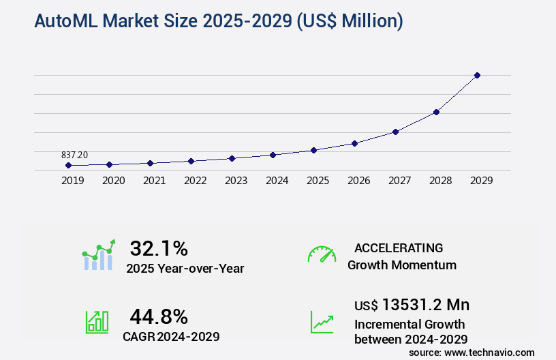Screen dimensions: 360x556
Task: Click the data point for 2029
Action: coord(477,75)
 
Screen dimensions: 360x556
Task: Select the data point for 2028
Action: coord(436,112)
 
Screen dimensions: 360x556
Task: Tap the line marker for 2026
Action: coord(354,143)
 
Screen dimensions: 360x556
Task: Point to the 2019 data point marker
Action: coord(68,166)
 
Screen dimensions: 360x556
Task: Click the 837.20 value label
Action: coord(74,155)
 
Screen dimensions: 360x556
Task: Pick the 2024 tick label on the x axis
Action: coord(277,181)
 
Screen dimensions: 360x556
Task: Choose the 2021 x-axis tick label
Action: coord(154,181)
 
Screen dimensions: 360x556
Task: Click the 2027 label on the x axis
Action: coord(399,181)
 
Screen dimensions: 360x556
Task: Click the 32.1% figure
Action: coord(159,248)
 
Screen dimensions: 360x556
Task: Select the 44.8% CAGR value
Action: coord(159,316)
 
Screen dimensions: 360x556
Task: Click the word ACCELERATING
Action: coord(399,248)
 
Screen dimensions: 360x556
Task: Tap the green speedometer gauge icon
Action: coord(322,254)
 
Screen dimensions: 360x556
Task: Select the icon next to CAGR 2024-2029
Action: coord(97,322)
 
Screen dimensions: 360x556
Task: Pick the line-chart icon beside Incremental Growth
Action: coord(322,322)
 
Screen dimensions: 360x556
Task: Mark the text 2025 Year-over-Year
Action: coord(185,269)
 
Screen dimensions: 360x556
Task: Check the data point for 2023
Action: coord(232,158)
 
